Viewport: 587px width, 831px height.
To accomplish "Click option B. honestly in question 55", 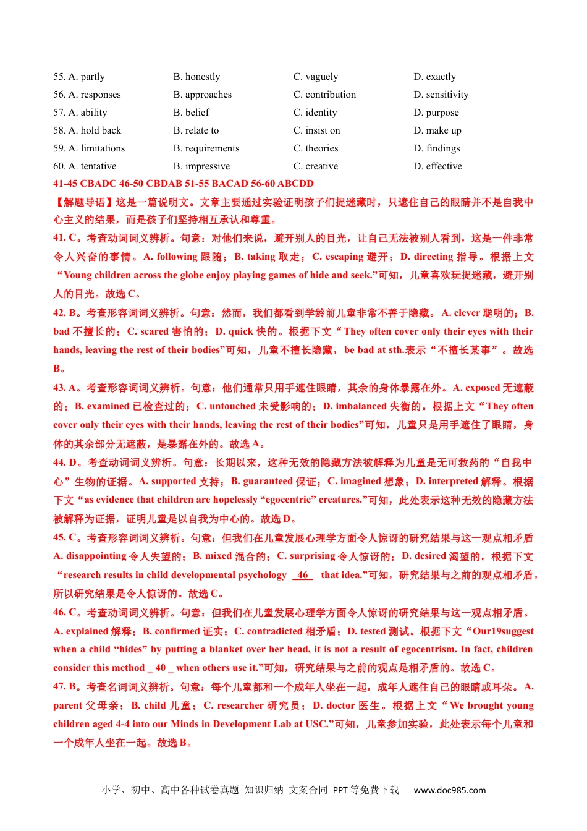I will [196, 77].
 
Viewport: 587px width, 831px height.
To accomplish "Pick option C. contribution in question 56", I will [324, 95].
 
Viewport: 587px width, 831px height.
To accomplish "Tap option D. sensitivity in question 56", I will [441, 95].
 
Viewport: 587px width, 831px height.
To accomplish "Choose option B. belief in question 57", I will [191, 113].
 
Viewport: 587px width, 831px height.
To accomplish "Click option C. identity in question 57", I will [315, 113].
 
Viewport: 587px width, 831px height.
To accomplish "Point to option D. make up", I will [437, 130].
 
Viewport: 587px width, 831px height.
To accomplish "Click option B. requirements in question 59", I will [206, 148].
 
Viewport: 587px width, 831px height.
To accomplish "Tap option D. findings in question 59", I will [437, 148].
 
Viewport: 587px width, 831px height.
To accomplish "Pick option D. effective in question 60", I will [437, 166].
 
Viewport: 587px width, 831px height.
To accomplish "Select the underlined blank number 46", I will [303, 575].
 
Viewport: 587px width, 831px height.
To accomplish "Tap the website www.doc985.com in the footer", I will [449, 790].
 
